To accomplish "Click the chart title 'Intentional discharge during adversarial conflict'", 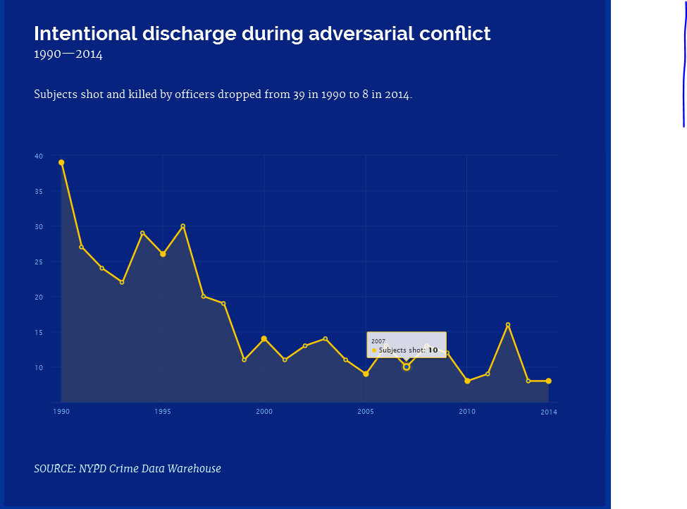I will [x=262, y=34].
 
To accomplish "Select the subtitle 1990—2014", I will [x=68, y=55].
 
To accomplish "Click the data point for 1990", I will [x=61, y=162].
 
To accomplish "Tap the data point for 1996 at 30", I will [x=183, y=226].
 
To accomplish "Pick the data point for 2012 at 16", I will [x=508, y=324].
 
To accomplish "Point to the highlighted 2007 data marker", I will [x=407, y=367].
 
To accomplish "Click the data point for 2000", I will [x=264, y=338].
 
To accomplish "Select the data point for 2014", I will [x=548, y=381].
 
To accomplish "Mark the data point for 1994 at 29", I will [x=142, y=233].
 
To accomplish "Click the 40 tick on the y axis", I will [x=39, y=156].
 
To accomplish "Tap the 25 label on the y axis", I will [x=39, y=262].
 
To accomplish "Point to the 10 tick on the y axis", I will [x=39, y=367].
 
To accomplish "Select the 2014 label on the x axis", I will [x=549, y=412].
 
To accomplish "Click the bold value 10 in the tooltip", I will [x=433, y=350].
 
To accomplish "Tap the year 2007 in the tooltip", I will [x=378, y=341].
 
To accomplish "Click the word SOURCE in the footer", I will [x=54, y=469].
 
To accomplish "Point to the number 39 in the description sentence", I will [x=299, y=94].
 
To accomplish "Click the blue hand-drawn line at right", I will [x=683, y=70].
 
